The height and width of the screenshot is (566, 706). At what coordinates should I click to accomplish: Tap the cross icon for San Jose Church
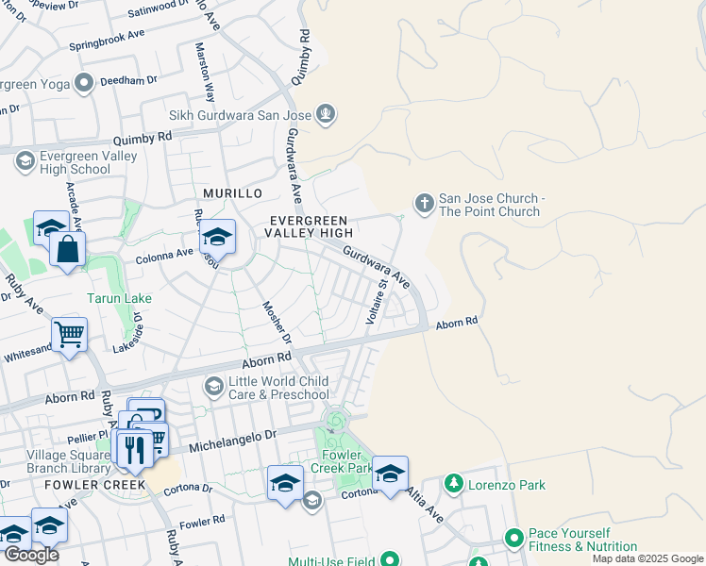pyautogui.click(x=425, y=203)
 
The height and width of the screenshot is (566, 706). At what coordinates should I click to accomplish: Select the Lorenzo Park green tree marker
pyautogui.click(x=454, y=484)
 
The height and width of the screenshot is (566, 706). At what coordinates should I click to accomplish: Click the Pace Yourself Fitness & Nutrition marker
pyautogui.click(x=514, y=538)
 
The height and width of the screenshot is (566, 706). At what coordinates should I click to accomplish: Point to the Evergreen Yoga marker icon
pyautogui.click(x=85, y=83)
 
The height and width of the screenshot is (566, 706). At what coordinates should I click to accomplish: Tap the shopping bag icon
pyautogui.click(x=68, y=250)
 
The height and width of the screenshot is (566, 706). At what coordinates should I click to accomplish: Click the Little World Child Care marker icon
pyautogui.click(x=214, y=386)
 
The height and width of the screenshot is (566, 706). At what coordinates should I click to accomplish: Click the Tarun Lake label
pyautogui.click(x=120, y=298)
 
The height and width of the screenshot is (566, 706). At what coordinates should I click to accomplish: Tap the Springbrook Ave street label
pyautogui.click(x=107, y=43)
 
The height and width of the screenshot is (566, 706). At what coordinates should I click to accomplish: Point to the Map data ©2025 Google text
pyautogui.click(x=647, y=558)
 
